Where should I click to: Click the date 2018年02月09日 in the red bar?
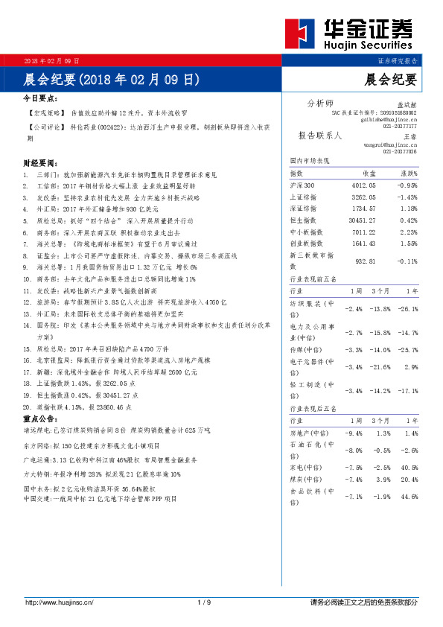point(52,60)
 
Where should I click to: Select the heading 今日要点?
point(40,98)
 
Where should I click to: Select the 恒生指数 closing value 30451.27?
point(362,220)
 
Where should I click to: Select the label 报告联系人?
point(319,136)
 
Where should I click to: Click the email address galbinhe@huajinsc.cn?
point(390,119)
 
